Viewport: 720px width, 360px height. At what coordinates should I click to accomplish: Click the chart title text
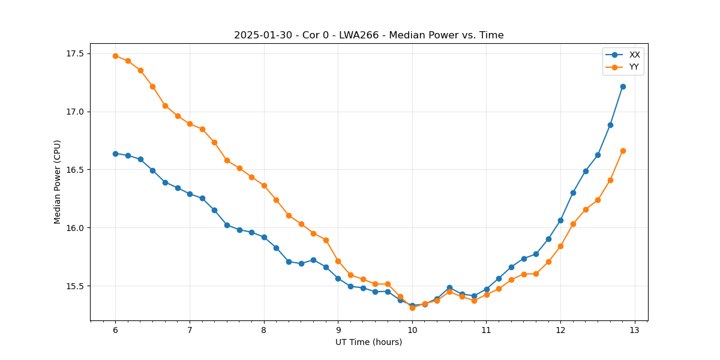[x=368, y=35]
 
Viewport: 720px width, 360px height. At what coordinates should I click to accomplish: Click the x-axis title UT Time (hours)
[x=368, y=343]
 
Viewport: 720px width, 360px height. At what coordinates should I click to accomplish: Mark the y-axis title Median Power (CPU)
[x=58, y=182]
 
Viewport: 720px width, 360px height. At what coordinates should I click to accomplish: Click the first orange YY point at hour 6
[x=115, y=56]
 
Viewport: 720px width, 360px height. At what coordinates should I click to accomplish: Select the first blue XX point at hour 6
[x=115, y=154]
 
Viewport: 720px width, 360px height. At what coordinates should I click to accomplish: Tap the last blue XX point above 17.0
[x=623, y=86]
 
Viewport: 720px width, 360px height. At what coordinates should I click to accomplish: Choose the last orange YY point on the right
[x=623, y=151]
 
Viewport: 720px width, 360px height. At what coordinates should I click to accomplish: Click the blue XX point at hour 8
[x=264, y=237]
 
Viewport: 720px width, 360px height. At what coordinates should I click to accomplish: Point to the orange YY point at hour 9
[x=338, y=261]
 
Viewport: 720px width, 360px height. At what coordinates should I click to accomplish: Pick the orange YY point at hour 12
[x=560, y=246]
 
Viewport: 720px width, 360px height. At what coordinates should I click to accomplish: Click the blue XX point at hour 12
[x=560, y=220]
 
